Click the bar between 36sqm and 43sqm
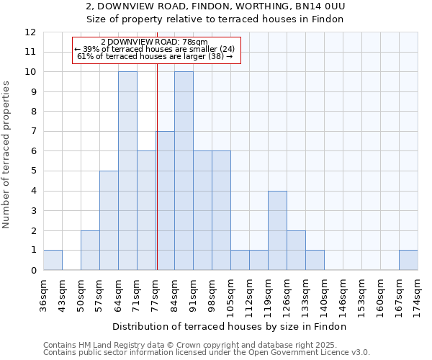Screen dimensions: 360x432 coord(53,260)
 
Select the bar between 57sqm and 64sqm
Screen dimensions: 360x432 coord(109,220)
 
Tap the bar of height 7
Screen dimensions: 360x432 coord(166,201)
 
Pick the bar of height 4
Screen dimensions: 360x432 coord(277,230)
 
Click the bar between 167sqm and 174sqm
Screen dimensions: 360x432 coord(408,260)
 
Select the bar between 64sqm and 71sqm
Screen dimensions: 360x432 coord(127,171)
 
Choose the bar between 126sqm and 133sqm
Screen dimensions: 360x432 coord(296,250)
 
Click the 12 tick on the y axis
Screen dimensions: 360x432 coord(30,32)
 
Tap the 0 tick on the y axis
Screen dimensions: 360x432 coord(33,271)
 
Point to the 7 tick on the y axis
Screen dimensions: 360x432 coord(33,132)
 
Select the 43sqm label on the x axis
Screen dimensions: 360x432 coord(62,293)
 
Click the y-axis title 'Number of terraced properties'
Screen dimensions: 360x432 coord(7,155)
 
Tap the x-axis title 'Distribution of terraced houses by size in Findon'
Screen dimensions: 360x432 coord(230,326)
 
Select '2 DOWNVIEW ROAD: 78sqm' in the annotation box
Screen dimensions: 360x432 coord(154,42)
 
